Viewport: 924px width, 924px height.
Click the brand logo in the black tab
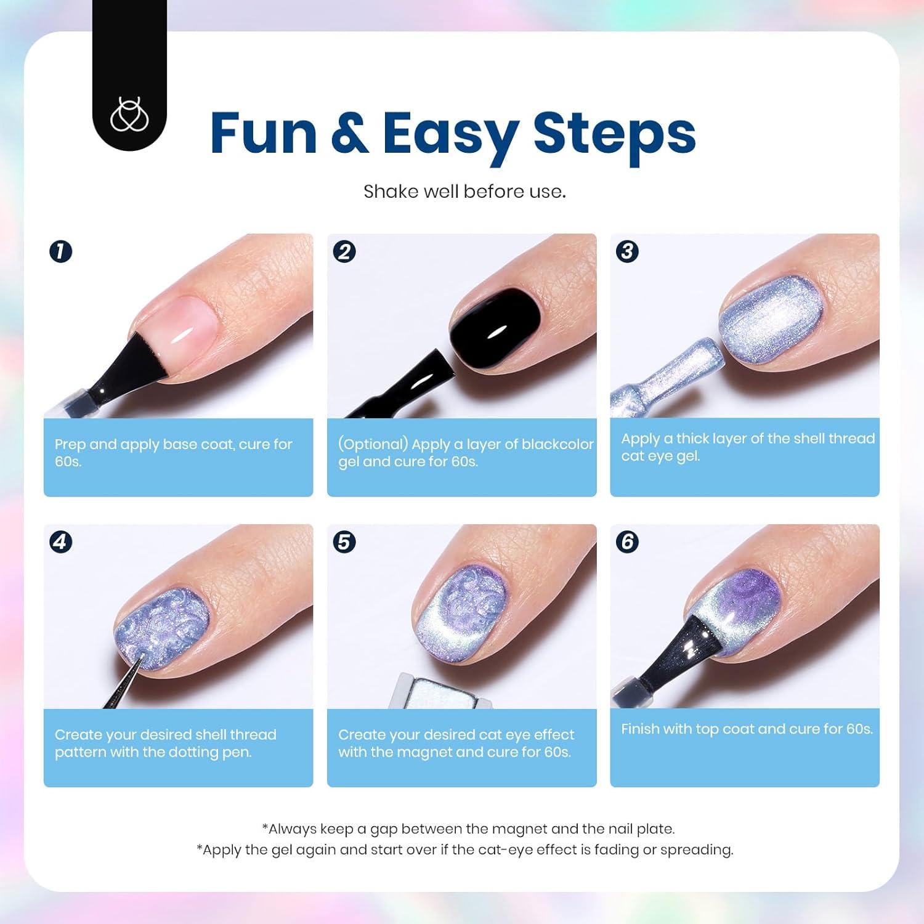129,115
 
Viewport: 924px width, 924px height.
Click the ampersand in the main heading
349,132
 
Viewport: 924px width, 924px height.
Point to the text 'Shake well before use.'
464,192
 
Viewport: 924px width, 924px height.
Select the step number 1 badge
60,251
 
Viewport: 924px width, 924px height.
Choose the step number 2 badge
344,251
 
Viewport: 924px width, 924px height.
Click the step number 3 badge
627,251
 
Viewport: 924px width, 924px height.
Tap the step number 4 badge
60,542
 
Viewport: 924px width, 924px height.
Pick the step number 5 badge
344,542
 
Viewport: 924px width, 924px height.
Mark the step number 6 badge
627,542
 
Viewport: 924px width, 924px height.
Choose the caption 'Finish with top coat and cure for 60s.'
747,729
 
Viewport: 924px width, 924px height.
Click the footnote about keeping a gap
468,829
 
